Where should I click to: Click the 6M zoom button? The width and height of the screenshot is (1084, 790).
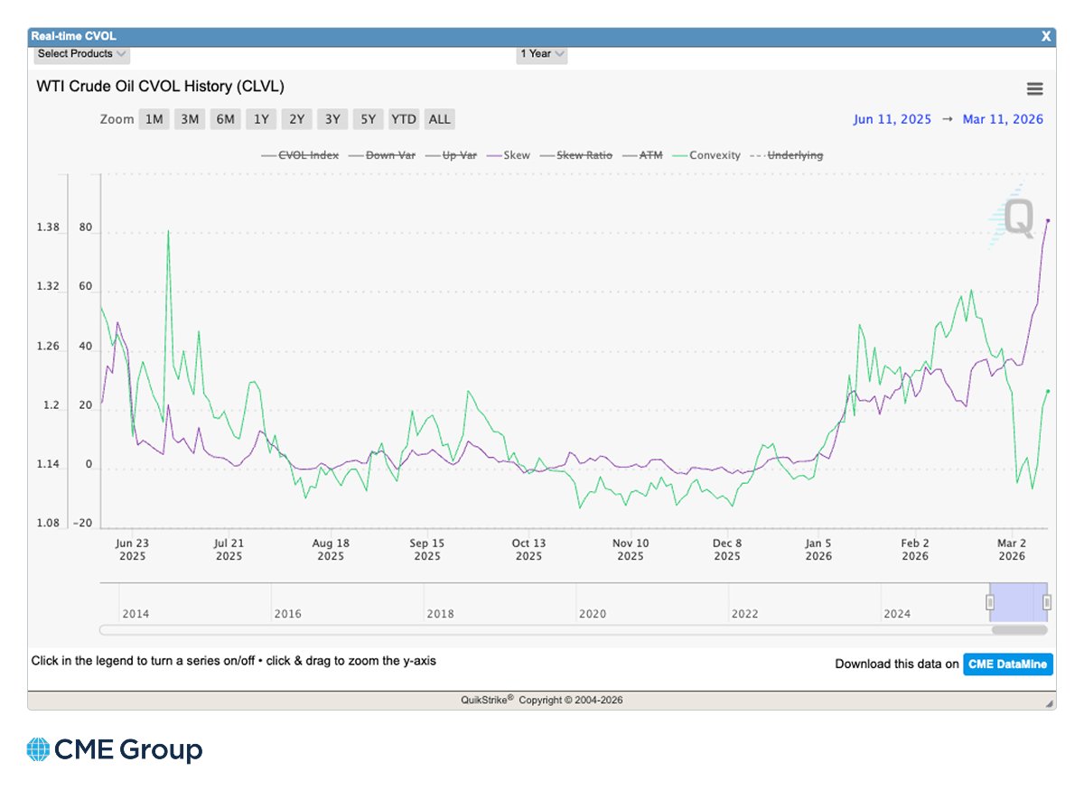[225, 119]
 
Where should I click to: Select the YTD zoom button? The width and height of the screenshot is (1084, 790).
[404, 119]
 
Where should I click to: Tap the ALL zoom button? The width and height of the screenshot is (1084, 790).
[439, 119]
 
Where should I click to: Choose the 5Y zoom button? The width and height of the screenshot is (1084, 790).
[368, 119]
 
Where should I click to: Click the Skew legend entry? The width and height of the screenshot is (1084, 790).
[509, 155]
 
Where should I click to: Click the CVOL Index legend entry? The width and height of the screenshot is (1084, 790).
[300, 155]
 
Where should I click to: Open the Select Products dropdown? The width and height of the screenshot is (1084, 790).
[82, 54]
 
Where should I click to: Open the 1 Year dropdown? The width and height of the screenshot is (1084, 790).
[542, 54]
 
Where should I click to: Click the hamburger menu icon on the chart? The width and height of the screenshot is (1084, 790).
[1034, 88]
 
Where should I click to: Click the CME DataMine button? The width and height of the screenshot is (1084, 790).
[1007, 665]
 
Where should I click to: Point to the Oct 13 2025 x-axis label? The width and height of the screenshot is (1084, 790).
[529, 550]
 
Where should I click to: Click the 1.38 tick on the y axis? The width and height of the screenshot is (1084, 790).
[47, 228]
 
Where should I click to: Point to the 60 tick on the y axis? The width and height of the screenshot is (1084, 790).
[86, 287]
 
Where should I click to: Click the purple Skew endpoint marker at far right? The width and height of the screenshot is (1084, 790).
[1047, 219]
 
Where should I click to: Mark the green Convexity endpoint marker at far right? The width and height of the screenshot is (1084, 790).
[1047, 391]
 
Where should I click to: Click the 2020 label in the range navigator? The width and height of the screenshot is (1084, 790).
[592, 614]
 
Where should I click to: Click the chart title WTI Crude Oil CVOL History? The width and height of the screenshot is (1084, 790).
[160, 87]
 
